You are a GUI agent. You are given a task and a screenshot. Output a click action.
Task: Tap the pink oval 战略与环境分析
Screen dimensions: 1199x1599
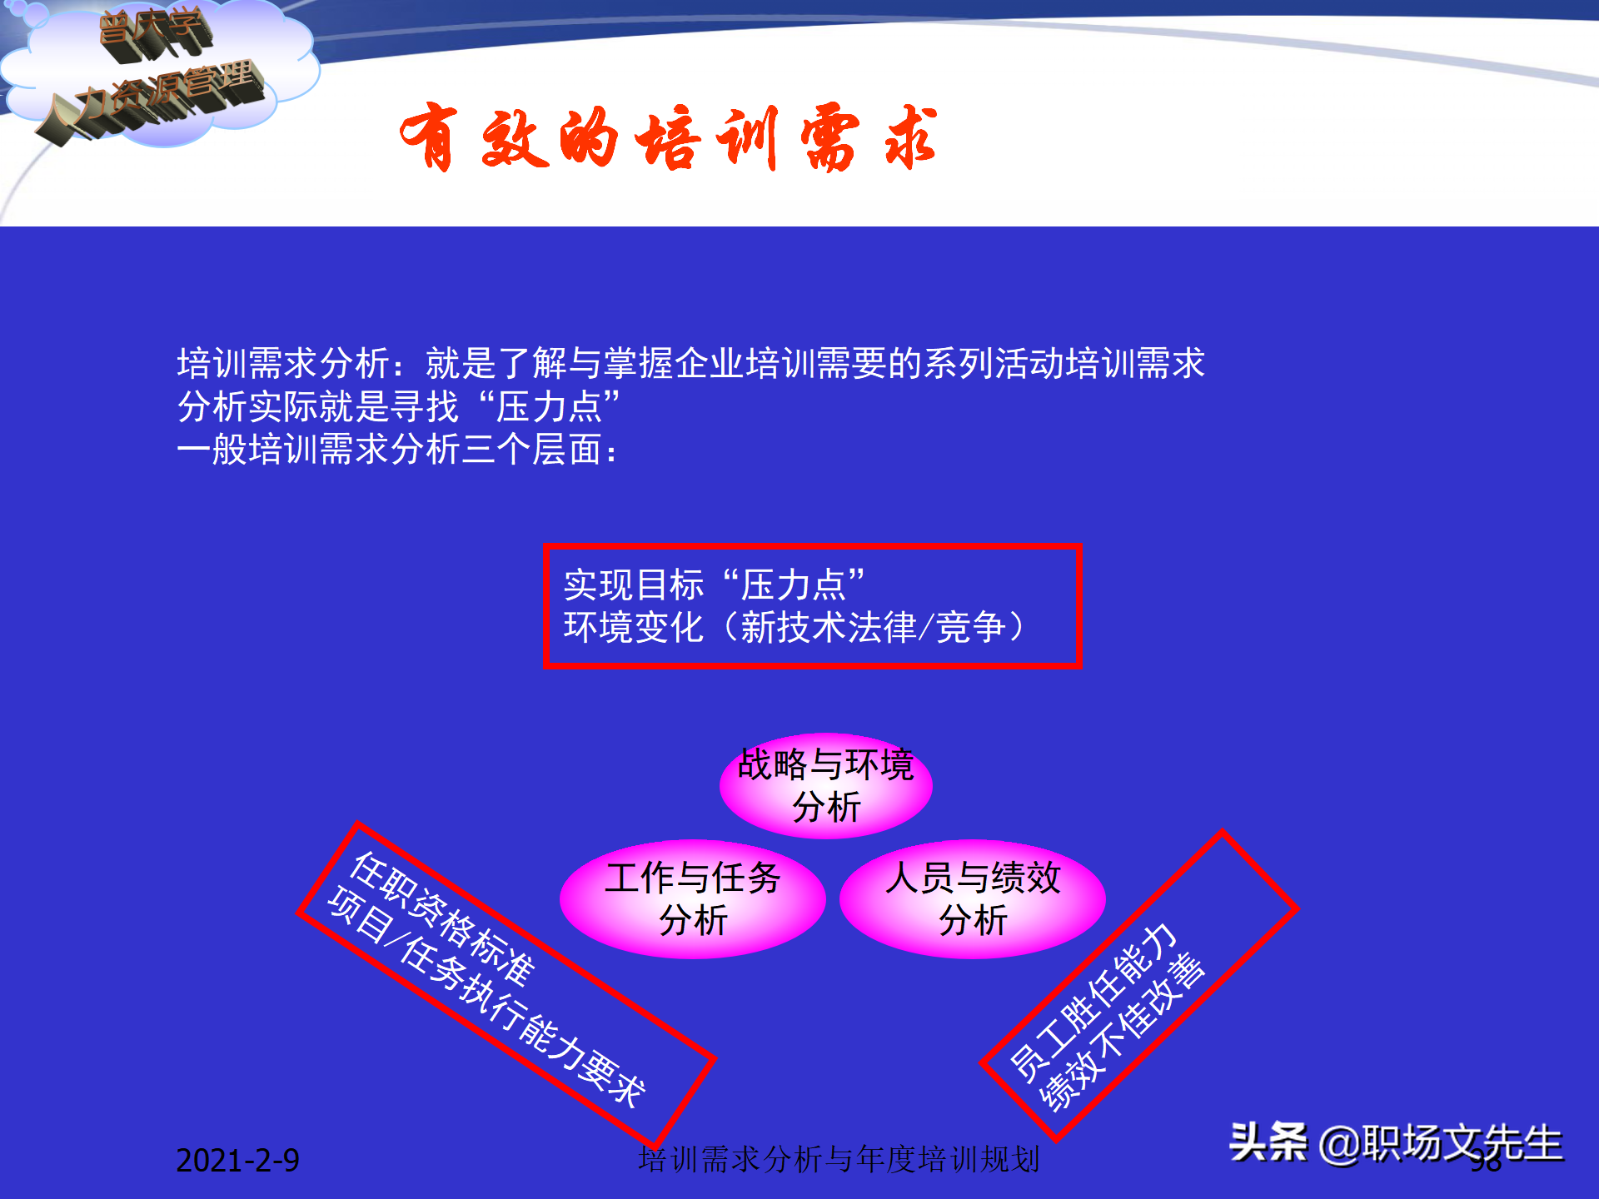[825, 785]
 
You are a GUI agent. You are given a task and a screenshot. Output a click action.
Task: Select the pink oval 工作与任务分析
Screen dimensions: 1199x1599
[692, 898]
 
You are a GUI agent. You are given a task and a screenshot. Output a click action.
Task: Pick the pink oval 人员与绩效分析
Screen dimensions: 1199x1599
[972, 898]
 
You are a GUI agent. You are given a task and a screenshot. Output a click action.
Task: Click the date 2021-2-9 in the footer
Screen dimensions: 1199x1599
[237, 1160]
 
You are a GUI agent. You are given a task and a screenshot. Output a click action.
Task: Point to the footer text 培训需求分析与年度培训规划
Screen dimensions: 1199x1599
[839, 1159]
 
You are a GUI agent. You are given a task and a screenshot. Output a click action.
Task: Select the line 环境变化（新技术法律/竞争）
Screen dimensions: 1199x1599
[795, 627]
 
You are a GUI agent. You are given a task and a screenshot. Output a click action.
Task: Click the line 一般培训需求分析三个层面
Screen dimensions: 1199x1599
[396, 450]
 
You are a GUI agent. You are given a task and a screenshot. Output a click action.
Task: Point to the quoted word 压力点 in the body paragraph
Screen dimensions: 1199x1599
[549, 407]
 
